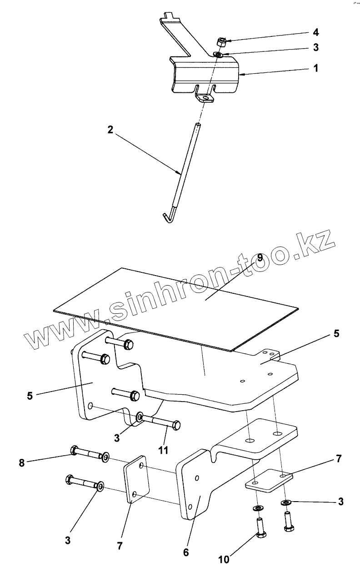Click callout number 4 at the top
[315, 33]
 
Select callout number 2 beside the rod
[110, 130]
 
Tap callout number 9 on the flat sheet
[260, 257]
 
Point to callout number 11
[163, 450]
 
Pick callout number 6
[185, 553]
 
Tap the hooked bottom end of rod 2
[168, 216]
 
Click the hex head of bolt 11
[175, 425]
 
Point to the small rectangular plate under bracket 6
[269, 480]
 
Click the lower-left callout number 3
[68, 540]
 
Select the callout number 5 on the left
[30, 396]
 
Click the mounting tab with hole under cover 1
[205, 97]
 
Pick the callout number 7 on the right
[338, 459]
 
